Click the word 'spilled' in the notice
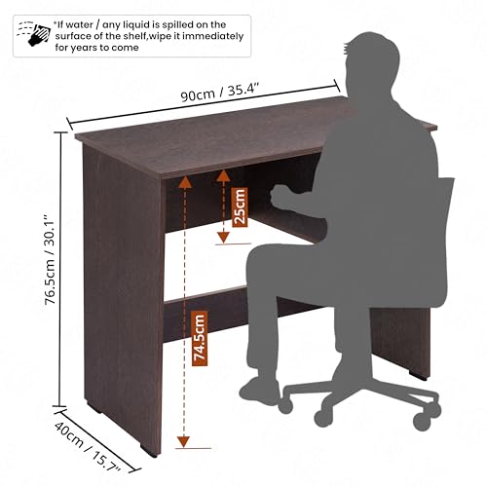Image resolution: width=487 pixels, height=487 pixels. pos(169,23)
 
